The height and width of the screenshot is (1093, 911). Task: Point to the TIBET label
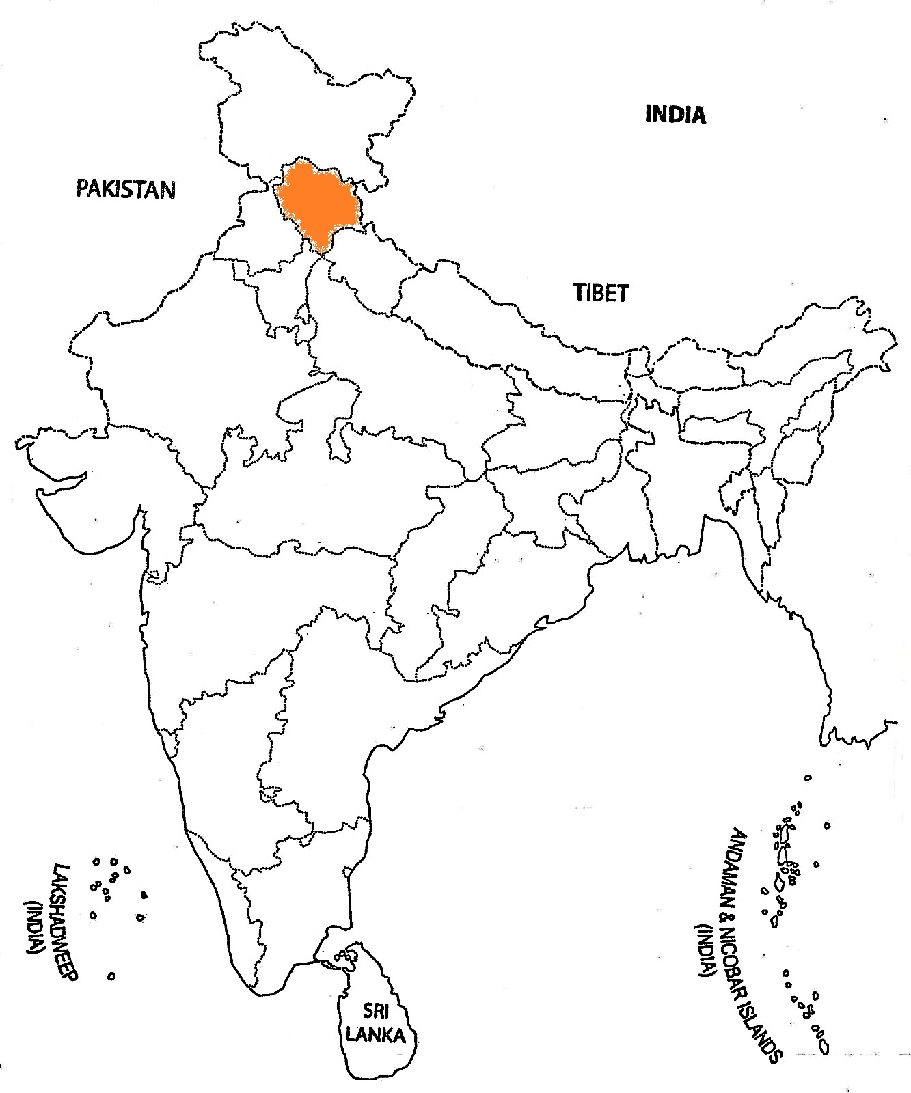pos(601,293)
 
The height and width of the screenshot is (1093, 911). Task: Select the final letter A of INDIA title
pos(698,114)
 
